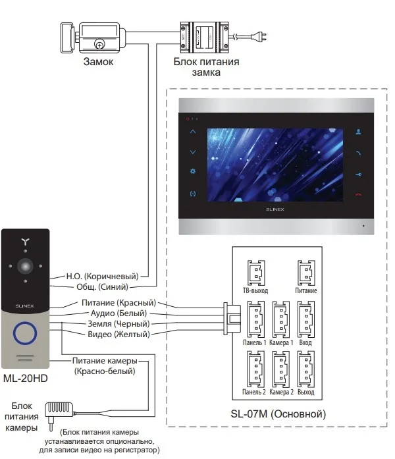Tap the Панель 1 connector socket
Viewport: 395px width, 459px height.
[255, 317]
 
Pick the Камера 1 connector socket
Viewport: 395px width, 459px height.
[280, 317]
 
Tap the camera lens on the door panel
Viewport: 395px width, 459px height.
[26, 266]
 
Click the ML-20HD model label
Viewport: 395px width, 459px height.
[26, 380]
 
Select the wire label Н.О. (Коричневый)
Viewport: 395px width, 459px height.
[106, 277]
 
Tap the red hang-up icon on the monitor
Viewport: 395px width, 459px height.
[358, 194]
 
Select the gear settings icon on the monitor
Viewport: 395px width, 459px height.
[193, 173]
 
